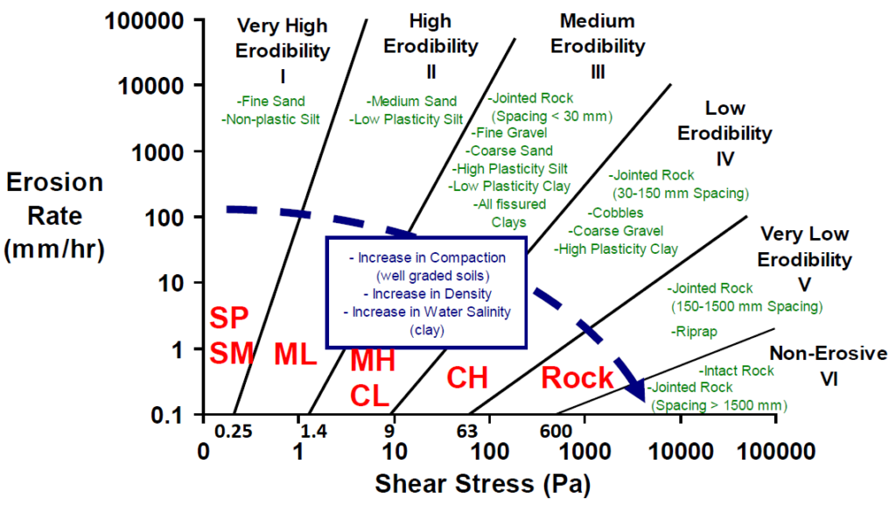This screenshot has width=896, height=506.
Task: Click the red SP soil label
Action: (230, 318)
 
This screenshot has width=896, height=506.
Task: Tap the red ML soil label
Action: (295, 354)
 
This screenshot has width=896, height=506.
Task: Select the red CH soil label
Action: (466, 378)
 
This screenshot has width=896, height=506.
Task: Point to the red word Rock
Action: (577, 378)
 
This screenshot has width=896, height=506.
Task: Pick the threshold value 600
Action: (556, 431)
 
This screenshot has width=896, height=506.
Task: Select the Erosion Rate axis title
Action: (55, 215)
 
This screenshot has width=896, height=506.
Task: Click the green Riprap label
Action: (696, 331)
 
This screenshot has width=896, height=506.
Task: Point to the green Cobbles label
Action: (615, 213)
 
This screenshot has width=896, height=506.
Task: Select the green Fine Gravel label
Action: (508, 133)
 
